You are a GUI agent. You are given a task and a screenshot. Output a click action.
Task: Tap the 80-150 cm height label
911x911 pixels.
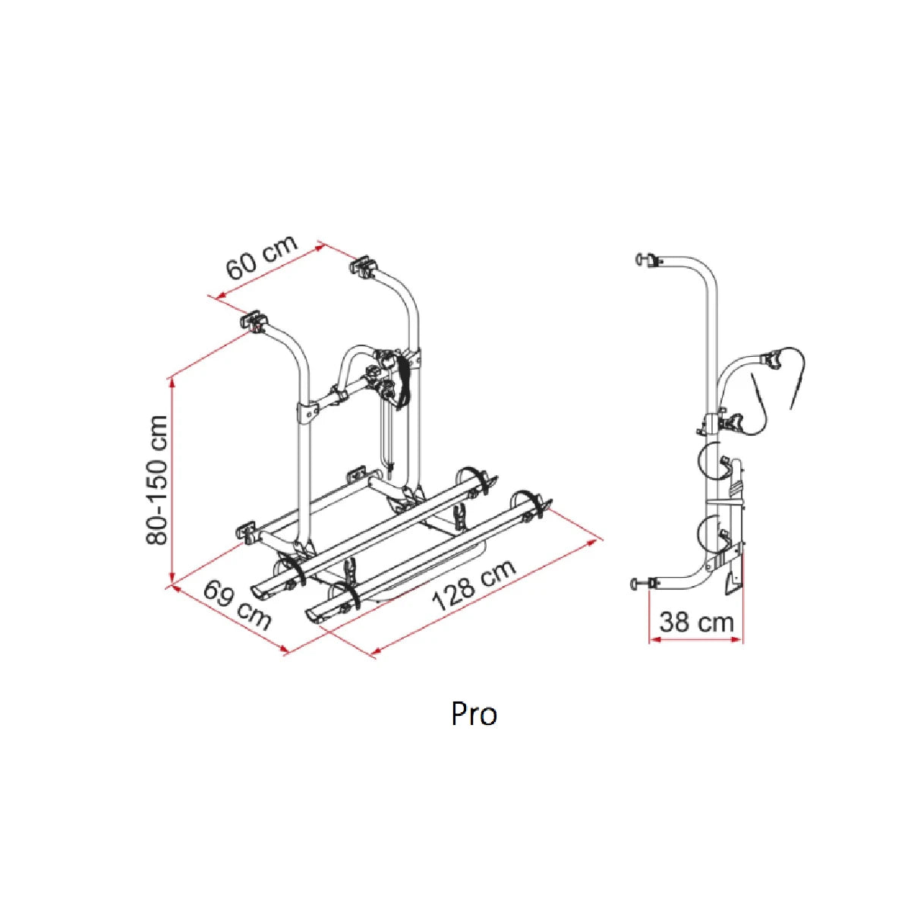coord(157,479)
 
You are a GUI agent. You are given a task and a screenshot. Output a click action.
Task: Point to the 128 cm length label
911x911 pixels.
coord(474,586)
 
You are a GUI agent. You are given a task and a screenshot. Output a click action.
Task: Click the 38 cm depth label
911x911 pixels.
coord(696,623)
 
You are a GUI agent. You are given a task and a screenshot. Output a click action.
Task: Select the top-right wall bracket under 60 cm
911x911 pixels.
coord(361,266)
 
